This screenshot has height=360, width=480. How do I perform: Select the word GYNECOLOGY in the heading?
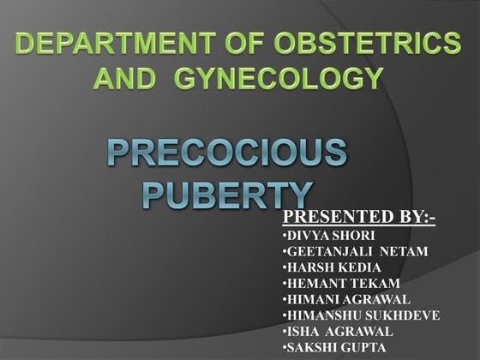(279, 79)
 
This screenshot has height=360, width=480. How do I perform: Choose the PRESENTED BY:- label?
(358, 218)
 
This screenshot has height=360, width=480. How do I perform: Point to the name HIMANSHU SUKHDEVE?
(361, 315)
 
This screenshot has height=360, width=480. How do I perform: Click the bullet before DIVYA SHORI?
(284, 235)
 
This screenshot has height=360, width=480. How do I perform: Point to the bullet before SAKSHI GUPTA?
(284, 348)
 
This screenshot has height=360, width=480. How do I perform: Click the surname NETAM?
(406, 251)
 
